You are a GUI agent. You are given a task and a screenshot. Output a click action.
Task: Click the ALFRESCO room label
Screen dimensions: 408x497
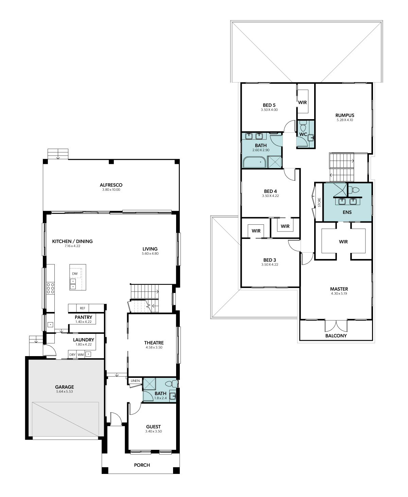[x=111, y=185]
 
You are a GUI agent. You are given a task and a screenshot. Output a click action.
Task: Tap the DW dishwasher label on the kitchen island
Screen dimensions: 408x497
[x=75, y=274]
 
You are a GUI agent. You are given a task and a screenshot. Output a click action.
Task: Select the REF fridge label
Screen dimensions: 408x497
[x=82, y=308]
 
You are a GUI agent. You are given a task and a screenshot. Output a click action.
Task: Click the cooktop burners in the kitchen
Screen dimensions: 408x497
[x=50, y=289]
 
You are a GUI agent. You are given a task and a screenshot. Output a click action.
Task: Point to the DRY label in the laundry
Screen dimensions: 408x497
[x=72, y=354]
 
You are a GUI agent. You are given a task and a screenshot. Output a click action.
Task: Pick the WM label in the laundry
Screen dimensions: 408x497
[x=81, y=354]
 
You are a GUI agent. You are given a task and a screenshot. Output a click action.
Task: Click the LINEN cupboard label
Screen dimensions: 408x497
[x=135, y=381]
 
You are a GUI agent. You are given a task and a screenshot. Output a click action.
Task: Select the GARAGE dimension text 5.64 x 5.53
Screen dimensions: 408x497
[x=64, y=391]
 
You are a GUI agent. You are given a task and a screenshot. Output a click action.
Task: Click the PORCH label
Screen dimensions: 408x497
[x=142, y=465]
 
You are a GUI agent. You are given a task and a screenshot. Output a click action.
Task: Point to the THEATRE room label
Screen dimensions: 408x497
[x=154, y=343]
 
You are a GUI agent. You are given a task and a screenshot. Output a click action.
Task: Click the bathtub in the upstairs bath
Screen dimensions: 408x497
[x=254, y=162]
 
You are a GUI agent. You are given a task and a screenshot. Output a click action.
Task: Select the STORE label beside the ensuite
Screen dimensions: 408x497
[x=319, y=202]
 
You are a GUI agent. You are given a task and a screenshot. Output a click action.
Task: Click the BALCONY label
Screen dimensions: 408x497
[x=336, y=335]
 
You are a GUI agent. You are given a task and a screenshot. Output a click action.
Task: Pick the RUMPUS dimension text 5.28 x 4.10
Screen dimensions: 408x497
[x=345, y=120]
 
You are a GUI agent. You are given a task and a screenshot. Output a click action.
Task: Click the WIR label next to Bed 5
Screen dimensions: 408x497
[x=302, y=103]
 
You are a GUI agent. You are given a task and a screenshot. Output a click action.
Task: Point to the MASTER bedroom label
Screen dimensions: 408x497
[x=339, y=289]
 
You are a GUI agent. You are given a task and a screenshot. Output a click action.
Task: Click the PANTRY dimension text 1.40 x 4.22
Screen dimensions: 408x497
[x=83, y=322]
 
